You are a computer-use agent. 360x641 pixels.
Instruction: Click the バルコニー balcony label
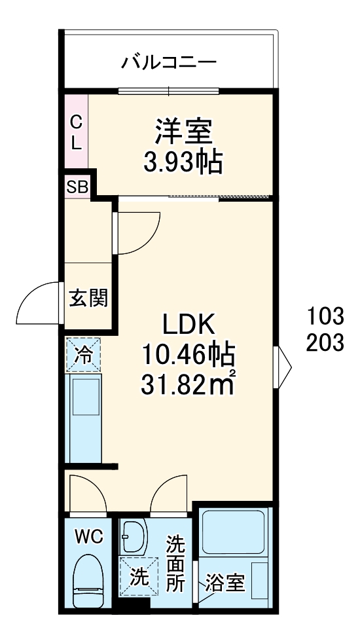169,64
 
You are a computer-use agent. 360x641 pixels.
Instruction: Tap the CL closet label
76,132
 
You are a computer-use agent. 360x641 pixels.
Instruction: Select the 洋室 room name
183,132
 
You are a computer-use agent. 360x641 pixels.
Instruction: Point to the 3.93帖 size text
183,160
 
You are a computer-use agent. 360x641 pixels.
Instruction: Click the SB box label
77,187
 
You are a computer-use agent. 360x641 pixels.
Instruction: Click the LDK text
189,324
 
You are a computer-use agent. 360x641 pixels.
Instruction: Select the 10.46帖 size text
189,356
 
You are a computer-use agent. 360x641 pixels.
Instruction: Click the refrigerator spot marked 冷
83,355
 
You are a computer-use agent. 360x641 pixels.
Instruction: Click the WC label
88,537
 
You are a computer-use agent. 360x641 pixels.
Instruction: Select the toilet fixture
88,579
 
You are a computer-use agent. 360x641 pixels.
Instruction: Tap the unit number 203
325,342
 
